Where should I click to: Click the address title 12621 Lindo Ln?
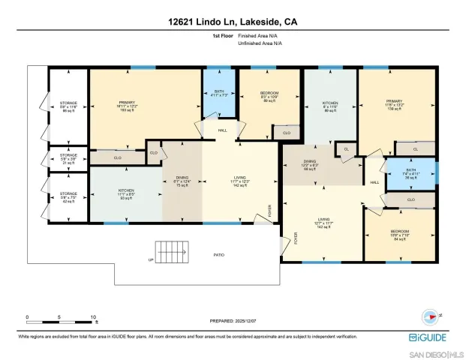point(233,23)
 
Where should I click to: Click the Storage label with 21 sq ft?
point(68,159)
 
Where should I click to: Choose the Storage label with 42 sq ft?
point(68,198)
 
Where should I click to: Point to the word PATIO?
point(218,256)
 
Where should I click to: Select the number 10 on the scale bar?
point(92,317)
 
